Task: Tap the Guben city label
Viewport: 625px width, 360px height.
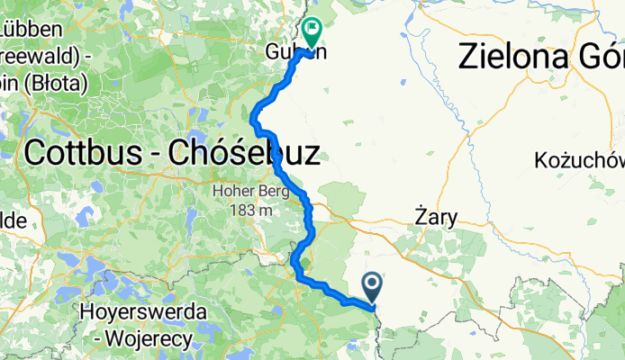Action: pyautogui.click(x=295, y=51)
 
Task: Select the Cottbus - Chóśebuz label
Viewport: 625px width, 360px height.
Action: pyautogui.click(x=171, y=152)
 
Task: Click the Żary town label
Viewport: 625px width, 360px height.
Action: pyautogui.click(x=436, y=217)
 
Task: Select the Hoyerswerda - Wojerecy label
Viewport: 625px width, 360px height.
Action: pyautogui.click(x=143, y=325)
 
